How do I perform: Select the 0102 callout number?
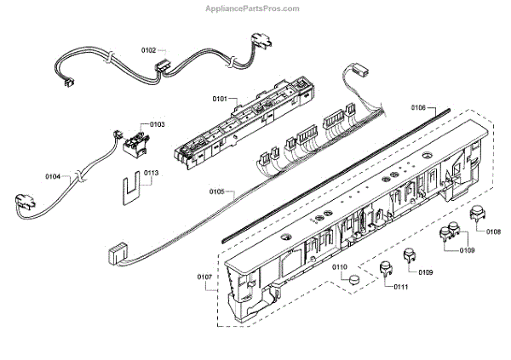[x=149, y=50]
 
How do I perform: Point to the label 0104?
[x=53, y=177]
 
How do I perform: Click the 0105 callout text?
[x=215, y=192]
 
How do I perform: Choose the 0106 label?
[x=417, y=108]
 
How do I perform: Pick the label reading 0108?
[x=492, y=231]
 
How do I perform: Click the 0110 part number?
[x=341, y=268]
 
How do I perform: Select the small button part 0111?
[x=385, y=268]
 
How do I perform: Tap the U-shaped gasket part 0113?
[x=130, y=189]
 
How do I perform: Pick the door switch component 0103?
[x=132, y=140]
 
